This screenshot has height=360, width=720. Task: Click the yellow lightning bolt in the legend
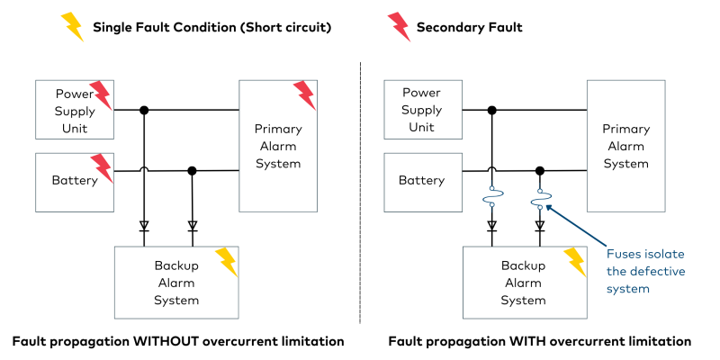point(71,27)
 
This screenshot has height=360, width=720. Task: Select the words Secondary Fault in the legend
point(469,28)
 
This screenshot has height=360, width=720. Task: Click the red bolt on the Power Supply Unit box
point(101,94)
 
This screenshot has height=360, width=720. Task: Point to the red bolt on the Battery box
point(101,167)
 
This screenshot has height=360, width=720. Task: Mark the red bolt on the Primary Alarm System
point(304,94)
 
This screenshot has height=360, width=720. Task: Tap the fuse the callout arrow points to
point(540,197)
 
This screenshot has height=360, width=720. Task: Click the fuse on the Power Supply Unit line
point(492,197)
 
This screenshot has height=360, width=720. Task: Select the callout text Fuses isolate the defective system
point(645,272)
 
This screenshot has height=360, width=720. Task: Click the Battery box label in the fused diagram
point(422,180)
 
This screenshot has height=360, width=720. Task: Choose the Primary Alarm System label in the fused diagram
point(625,147)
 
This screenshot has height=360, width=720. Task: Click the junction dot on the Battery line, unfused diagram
point(191,170)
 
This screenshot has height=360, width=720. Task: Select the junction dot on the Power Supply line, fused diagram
point(492,110)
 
